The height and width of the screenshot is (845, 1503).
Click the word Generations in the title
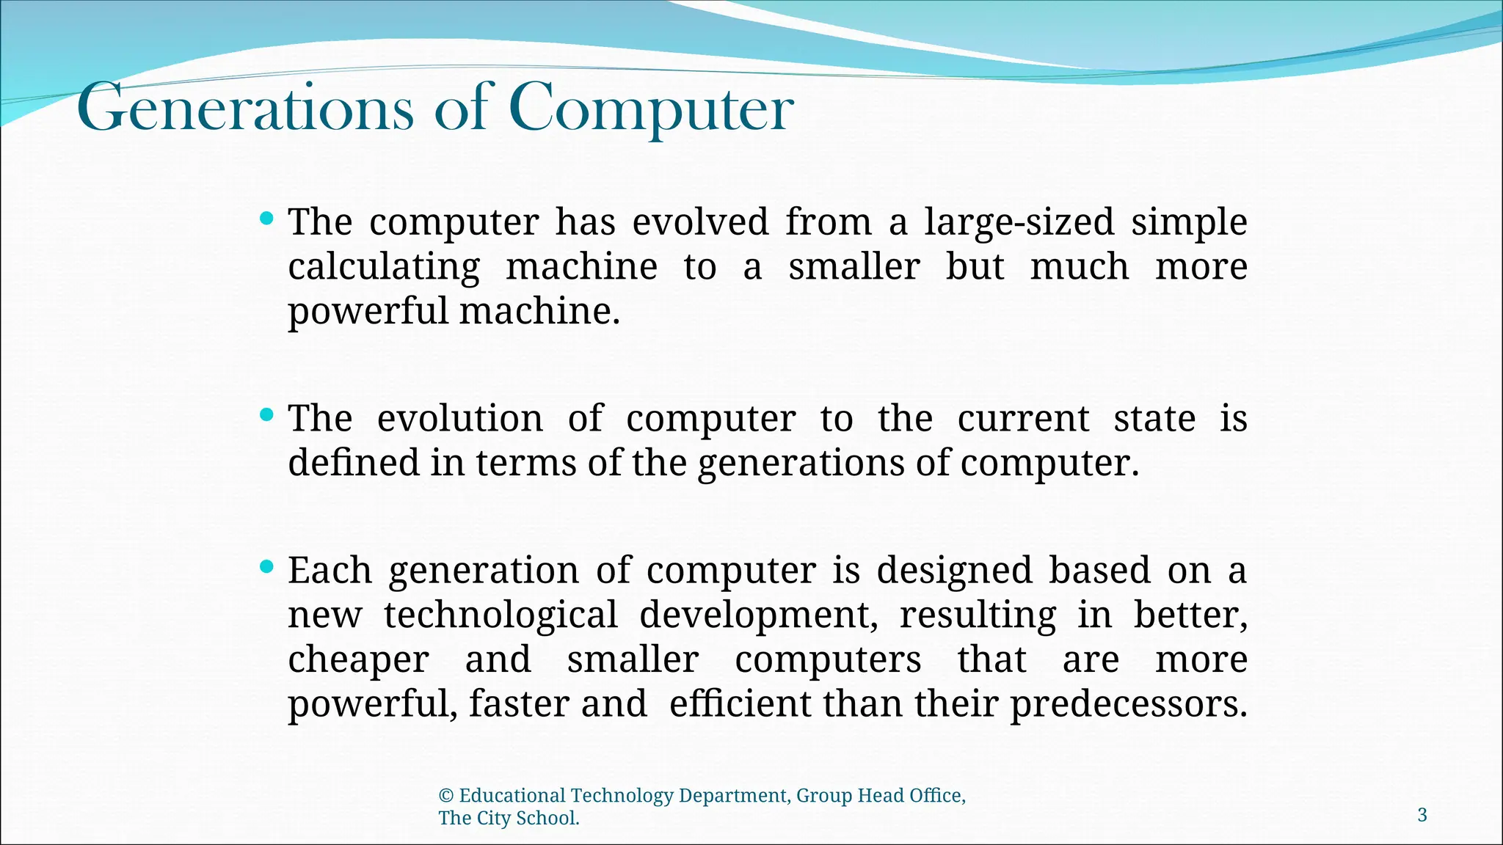point(245,109)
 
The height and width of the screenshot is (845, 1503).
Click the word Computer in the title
point(651,109)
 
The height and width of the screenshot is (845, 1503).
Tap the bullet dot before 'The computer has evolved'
point(267,218)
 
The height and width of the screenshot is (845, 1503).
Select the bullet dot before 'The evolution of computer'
point(267,415)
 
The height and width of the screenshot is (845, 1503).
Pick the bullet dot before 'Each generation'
point(267,566)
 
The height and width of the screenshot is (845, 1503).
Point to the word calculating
point(384,267)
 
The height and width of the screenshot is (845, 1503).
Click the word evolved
point(701,222)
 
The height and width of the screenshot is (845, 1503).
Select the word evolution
point(459,419)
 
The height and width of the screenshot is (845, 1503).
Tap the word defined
point(354,464)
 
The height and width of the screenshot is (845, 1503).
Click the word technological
point(501,615)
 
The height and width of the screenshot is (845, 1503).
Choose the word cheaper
point(358,659)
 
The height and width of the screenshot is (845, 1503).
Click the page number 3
point(1422,815)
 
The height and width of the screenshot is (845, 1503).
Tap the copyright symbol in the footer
point(445,796)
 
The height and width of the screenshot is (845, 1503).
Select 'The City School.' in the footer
point(509,819)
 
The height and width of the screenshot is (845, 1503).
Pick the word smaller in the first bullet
point(854,267)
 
